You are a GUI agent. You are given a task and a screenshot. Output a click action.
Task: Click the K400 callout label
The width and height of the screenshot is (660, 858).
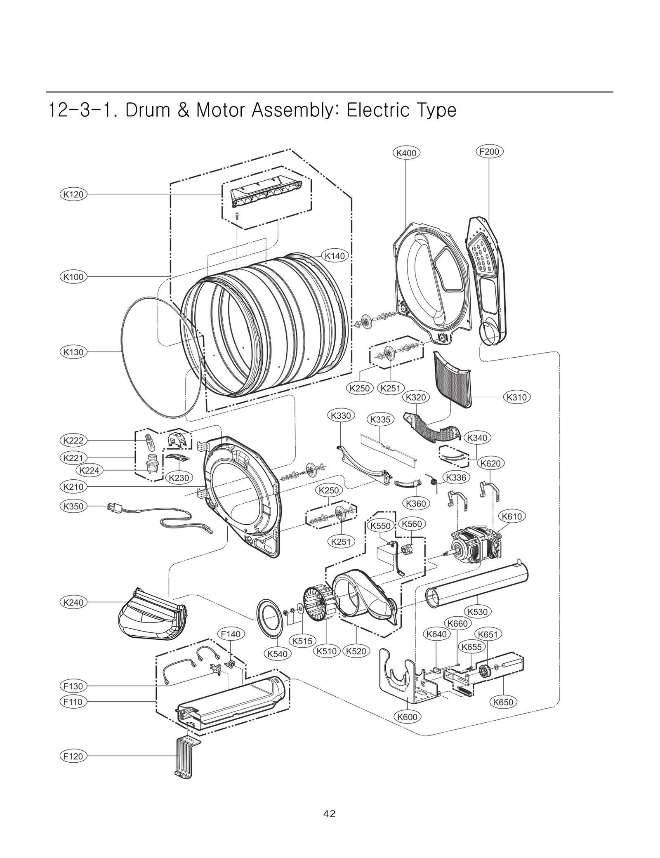tap(406, 153)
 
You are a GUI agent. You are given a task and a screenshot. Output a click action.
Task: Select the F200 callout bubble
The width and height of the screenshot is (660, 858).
tap(489, 151)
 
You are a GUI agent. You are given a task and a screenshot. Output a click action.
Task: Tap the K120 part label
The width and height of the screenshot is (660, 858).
tap(73, 194)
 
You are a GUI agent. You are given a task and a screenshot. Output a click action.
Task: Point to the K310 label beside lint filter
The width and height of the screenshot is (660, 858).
tap(516, 397)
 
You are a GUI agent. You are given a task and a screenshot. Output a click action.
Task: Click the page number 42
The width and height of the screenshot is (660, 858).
tap(330, 814)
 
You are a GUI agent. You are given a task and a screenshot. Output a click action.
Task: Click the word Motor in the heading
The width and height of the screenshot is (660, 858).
tap(220, 111)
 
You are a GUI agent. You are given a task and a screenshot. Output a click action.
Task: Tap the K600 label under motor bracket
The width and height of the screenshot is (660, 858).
tap(407, 717)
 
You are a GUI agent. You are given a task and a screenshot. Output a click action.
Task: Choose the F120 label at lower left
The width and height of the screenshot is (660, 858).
tap(73, 756)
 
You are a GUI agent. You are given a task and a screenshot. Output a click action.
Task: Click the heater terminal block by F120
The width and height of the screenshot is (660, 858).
tap(184, 758)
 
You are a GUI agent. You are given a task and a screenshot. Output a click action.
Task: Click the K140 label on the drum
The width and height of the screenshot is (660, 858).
tap(335, 256)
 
